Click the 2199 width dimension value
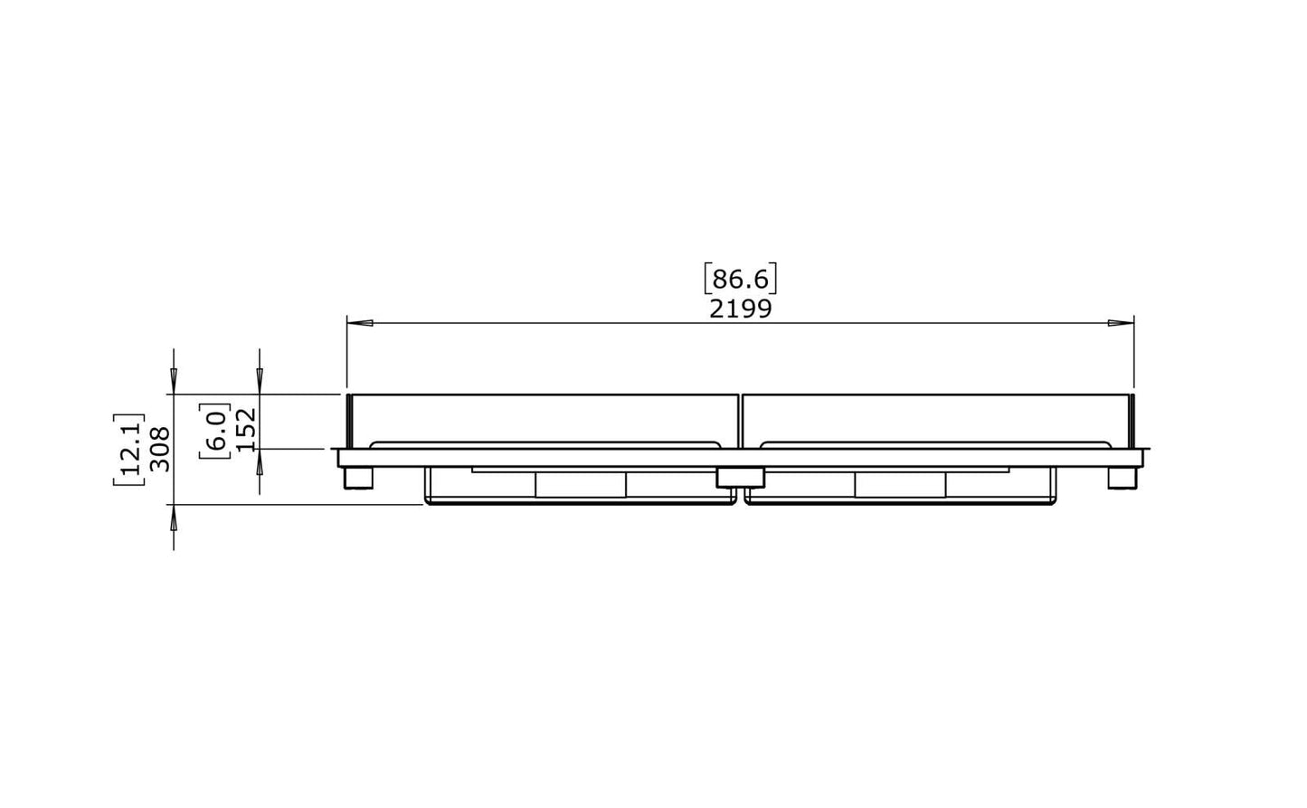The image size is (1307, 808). point(741,309)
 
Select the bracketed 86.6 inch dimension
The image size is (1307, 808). point(741,279)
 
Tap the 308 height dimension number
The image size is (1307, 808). point(160,449)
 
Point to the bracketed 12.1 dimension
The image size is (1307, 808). point(128,449)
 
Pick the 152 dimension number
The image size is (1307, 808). point(246,429)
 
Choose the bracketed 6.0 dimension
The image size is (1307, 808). point(214,431)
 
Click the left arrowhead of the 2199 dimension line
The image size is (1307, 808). point(360,323)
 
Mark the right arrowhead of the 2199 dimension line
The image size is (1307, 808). point(1121,323)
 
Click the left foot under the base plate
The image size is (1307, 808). point(358,478)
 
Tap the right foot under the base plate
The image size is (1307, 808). point(1122,478)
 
